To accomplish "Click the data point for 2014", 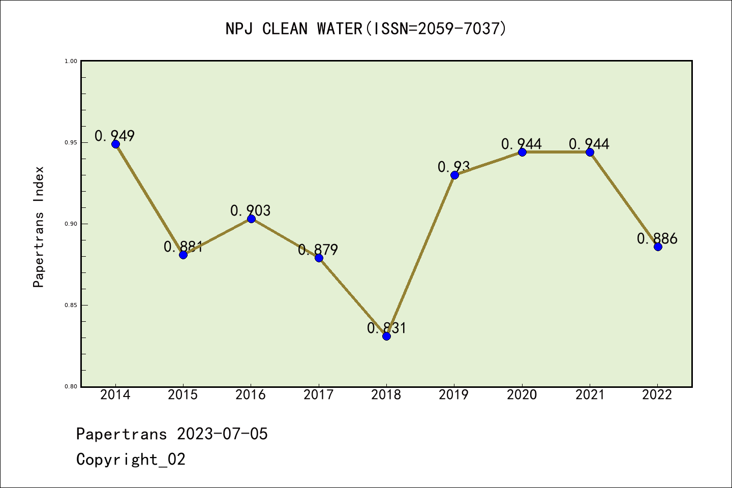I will [115, 144].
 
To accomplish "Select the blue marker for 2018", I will [386, 336].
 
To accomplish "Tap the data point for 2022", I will [658, 247].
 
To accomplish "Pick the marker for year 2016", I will [251, 219].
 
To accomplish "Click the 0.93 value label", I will [454, 166].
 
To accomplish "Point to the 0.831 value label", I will [387, 328].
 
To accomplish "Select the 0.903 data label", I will [251, 210].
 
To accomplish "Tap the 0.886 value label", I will [657, 238].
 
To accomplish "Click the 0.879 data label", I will [318, 250].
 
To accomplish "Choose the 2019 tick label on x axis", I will [454, 394].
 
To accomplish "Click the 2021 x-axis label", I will [590, 394].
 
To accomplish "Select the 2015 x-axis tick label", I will [183, 394].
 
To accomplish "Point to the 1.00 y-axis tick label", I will [71, 61].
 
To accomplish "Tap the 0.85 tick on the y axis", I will [71, 305].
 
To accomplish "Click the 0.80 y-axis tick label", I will [71, 386].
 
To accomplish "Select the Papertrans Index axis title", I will [39, 227].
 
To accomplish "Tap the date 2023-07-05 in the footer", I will [222, 434].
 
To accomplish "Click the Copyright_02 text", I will [131, 459].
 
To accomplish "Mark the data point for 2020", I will [522, 152].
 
